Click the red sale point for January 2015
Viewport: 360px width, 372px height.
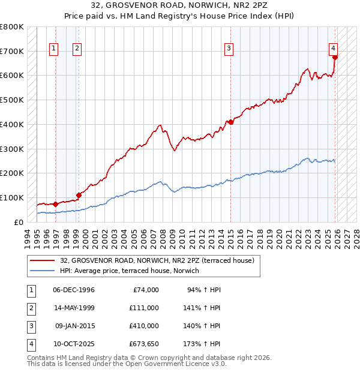click(x=229, y=122)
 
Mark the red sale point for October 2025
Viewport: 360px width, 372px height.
click(x=335, y=58)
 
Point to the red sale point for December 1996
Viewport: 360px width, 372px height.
click(x=55, y=204)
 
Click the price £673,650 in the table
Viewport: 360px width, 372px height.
click(x=143, y=344)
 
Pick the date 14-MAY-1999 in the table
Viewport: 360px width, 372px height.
click(x=73, y=308)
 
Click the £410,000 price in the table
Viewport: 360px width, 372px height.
click(x=143, y=326)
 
